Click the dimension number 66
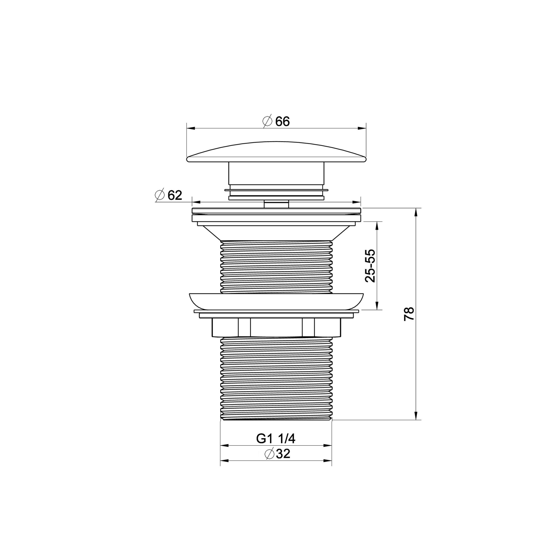282,122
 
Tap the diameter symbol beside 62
159,195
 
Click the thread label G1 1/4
276,439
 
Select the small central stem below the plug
276,204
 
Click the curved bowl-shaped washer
276,301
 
